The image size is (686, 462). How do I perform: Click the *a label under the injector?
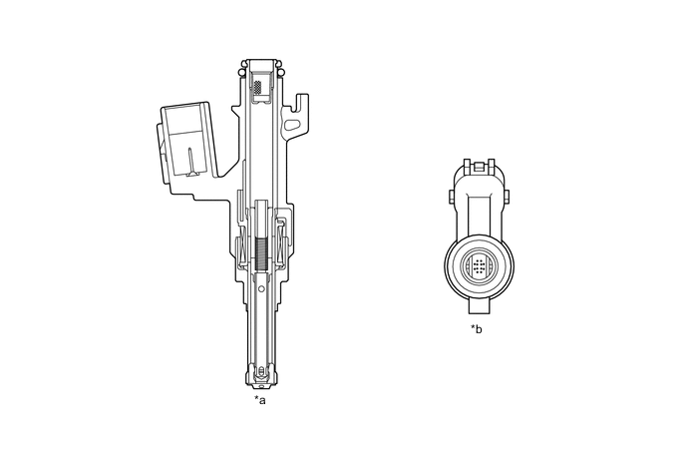(x=260, y=400)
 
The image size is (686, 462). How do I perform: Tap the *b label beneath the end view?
(x=477, y=328)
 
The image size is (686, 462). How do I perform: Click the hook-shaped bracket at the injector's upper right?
(x=297, y=115)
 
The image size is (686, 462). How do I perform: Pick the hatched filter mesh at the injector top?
(x=259, y=88)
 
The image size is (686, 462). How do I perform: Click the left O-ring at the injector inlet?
(x=241, y=72)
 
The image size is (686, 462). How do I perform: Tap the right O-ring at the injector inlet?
(x=281, y=72)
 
